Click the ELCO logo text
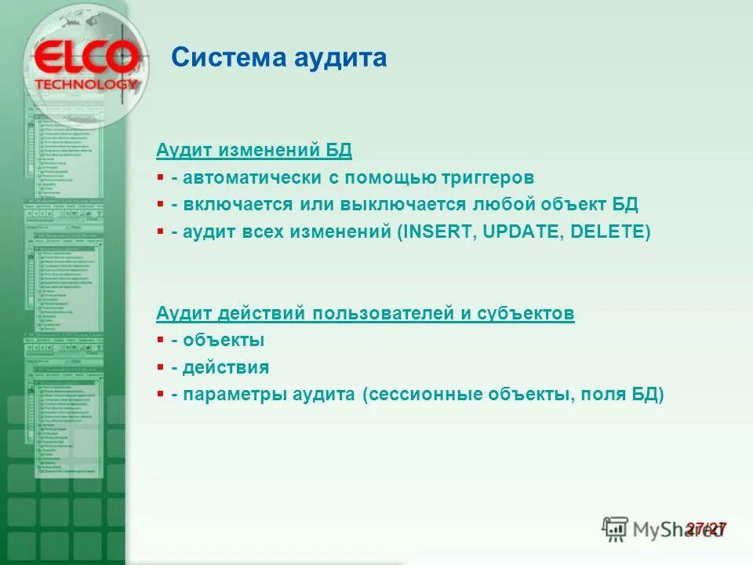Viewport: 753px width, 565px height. [x=86, y=58]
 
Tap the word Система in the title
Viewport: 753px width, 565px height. [x=220, y=58]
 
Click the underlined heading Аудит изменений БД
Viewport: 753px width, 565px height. [x=254, y=150]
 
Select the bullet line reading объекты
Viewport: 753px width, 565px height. [x=223, y=341]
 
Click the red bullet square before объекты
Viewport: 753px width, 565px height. [x=160, y=341]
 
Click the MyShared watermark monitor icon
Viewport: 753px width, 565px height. [x=615, y=529]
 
